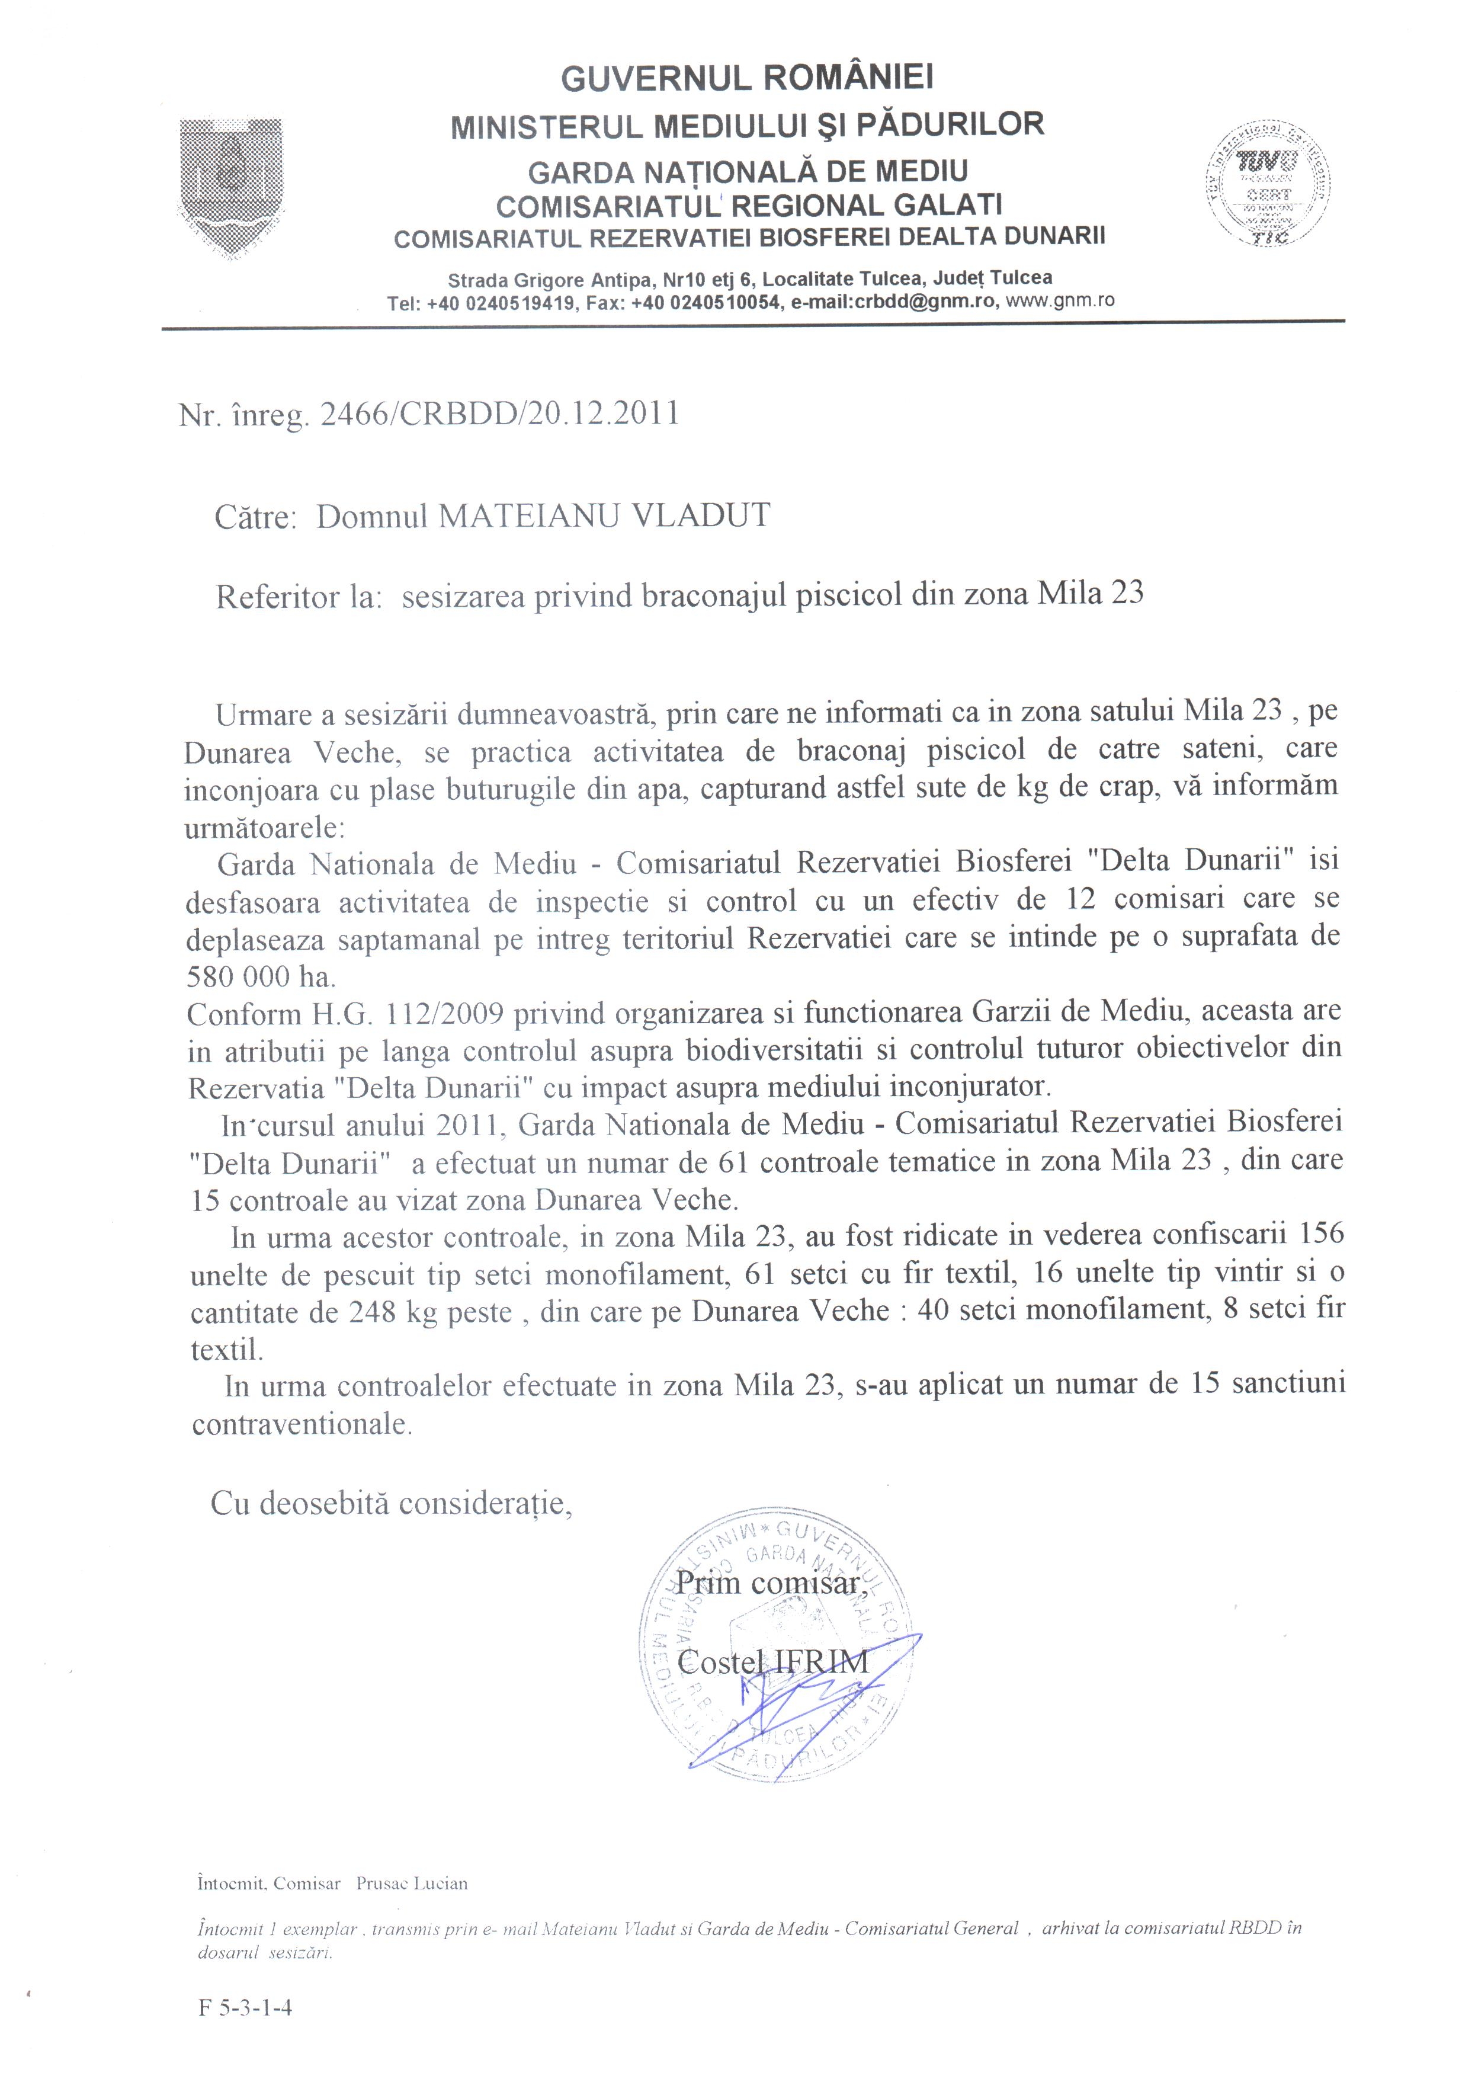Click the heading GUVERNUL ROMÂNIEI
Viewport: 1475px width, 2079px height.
(x=746, y=79)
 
